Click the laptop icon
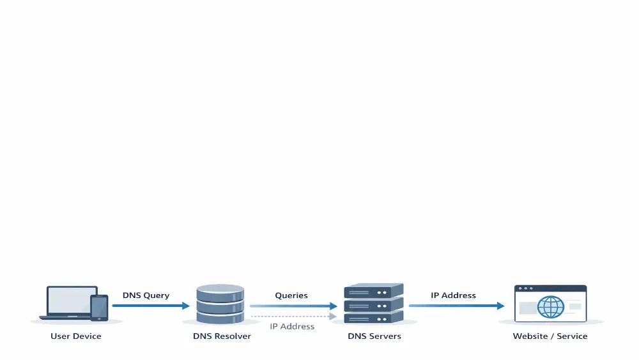71,301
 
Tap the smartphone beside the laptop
100,307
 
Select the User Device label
76,336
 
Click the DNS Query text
146,295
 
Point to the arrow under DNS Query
151,306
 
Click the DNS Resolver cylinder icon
220,304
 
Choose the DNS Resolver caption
222,336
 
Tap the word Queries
291,295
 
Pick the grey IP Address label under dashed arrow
292,327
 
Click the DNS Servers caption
374,336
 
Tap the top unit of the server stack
374,292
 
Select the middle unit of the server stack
374,305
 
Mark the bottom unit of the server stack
374,318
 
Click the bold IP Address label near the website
453,295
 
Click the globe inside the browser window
550,307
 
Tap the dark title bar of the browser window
550,289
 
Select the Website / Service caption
550,336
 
